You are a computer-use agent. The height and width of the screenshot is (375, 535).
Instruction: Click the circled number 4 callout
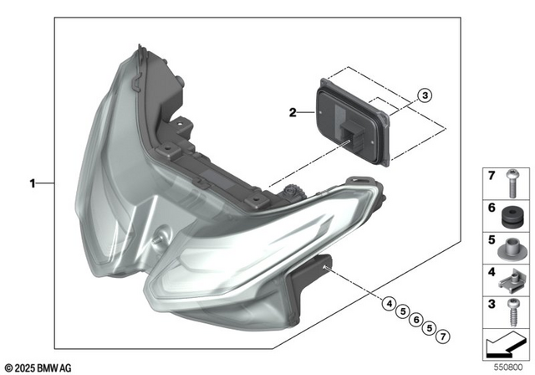pyautogui.click(x=390, y=304)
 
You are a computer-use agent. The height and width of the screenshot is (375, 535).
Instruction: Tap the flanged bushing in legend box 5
pyautogui.click(x=510, y=249)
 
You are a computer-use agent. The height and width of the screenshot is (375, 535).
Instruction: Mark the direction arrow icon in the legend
pyautogui.click(x=507, y=342)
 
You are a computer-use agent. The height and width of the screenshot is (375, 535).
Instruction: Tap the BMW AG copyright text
pyautogui.click(x=38, y=367)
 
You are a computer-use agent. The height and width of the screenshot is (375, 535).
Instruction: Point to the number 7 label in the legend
pyautogui.click(x=491, y=176)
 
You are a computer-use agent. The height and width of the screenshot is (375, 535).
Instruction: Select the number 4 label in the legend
pyautogui.click(x=491, y=271)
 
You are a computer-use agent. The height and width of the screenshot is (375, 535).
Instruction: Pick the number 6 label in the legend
pyautogui.click(x=491, y=208)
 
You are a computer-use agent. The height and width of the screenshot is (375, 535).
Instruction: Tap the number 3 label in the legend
pyautogui.click(x=491, y=302)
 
